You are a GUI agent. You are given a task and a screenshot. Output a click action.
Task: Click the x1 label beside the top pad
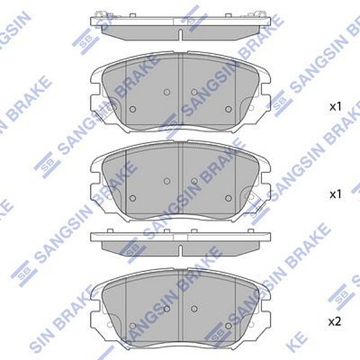pos(335,107)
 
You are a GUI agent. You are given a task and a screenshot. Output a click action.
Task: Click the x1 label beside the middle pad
pos(335,194)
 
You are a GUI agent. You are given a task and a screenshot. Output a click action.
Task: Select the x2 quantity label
pos(335,322)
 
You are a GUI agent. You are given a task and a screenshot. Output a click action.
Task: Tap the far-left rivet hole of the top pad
pos(133,109)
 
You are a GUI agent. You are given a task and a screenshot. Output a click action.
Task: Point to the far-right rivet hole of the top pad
pos(228,109)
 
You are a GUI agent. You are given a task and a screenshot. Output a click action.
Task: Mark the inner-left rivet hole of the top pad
pos(167,92)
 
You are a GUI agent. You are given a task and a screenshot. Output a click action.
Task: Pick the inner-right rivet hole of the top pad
pos(194,92)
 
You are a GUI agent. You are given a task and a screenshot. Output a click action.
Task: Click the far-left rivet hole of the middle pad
pos(133,198)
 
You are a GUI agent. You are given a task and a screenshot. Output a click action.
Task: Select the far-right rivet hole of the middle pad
pos(228,197)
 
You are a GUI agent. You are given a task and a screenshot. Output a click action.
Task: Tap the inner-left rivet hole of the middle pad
pos(167,181)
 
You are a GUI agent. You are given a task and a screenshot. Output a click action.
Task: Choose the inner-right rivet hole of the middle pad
pos(194,181)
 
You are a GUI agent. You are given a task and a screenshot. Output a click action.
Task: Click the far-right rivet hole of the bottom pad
pos(228,325)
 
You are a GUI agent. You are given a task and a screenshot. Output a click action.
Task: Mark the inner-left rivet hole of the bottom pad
pos(167,308)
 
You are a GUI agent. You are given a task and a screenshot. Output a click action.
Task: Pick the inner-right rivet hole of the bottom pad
pos(194,308)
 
